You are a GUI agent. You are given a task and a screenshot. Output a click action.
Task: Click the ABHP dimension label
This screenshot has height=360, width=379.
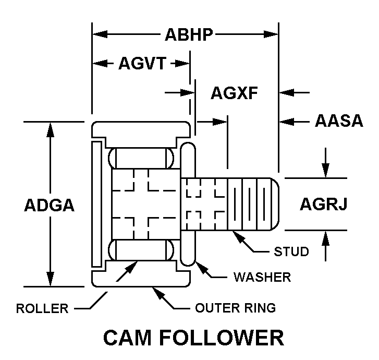[189, 35]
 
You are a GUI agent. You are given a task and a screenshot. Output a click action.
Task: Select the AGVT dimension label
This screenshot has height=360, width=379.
[142, 64]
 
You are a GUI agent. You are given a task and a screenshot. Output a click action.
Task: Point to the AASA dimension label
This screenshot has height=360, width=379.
[339, 121]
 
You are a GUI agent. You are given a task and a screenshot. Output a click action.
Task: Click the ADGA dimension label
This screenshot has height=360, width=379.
[50, 205]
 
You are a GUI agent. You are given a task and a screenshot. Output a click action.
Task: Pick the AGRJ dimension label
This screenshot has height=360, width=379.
[323, 204]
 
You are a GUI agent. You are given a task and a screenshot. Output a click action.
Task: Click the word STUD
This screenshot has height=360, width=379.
[291, 251]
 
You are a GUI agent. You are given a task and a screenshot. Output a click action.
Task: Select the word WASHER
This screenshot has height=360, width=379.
[262, 277]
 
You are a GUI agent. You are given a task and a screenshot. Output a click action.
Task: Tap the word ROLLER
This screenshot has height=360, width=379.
[42, 308]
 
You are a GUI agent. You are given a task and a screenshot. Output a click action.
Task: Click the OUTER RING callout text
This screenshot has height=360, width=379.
[235, 308]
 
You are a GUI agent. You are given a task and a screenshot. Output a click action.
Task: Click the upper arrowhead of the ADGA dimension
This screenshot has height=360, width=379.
[50, 128]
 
